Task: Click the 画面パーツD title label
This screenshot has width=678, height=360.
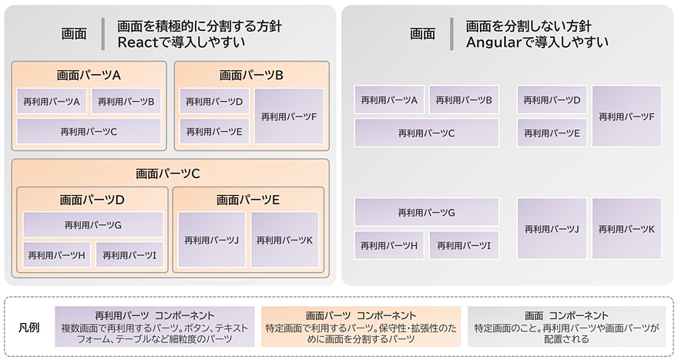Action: click(x=92, y=200)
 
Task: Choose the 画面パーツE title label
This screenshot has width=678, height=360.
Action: click(x=248, y=200)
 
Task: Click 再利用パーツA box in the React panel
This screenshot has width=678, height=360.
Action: click(x=52, y=101)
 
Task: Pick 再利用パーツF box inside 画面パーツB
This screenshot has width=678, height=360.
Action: click(x=289, y=116)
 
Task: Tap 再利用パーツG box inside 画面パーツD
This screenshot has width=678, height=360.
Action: click(x=93, y=225)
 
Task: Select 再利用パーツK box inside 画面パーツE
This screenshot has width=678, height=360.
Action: click(x=284, y=241)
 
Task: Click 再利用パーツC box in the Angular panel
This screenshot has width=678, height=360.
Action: click(x=426, y=133)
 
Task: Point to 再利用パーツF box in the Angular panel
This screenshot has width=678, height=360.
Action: click(x=626, y=116)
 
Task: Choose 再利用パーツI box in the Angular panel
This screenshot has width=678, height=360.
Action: click(x=464, y=245)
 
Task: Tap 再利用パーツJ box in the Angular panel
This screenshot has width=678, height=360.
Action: click(x=552, y=229)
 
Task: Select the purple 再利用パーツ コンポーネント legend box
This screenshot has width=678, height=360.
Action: click(x=155, y=327)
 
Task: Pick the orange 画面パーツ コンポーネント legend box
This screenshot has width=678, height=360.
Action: click(x=361, y=327)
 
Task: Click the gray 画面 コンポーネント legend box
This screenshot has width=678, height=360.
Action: click(x=566, y=327)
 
